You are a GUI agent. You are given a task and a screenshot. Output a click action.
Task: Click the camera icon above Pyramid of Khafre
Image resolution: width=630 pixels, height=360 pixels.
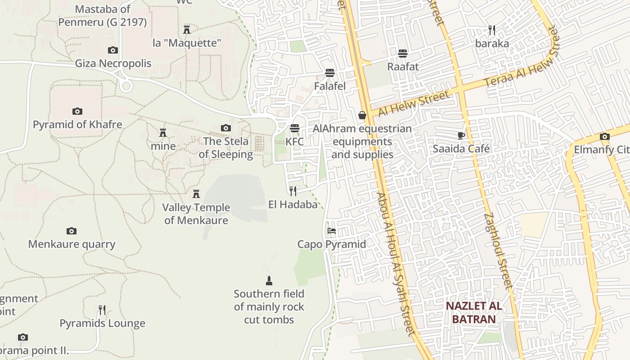77,111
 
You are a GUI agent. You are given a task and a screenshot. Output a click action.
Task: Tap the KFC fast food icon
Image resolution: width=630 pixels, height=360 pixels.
295,128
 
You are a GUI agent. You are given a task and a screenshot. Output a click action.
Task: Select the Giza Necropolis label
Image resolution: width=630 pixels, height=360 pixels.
113,63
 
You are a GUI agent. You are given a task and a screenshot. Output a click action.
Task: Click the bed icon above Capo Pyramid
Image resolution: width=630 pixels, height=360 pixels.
332,231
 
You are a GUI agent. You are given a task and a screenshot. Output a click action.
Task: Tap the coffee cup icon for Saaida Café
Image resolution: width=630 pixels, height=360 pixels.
461,135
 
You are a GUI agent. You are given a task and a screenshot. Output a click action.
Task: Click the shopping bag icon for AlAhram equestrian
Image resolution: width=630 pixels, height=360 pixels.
362,116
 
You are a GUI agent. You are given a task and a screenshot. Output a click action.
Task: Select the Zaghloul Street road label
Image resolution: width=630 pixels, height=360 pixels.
499,250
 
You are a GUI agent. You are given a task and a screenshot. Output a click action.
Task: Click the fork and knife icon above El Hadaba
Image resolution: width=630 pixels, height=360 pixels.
293,191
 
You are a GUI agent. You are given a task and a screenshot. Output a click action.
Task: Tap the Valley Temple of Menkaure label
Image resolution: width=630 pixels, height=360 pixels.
196,214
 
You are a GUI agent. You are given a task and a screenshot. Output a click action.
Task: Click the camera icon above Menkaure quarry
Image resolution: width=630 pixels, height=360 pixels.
72,231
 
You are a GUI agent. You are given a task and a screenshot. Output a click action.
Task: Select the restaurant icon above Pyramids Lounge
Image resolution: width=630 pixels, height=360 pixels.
102,310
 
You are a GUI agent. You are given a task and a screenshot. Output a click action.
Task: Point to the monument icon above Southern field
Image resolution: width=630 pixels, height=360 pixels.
269,281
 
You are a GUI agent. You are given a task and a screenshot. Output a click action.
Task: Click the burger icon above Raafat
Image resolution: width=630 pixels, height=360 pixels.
403,54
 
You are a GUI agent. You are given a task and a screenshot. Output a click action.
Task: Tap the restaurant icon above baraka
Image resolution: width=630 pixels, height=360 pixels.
492,30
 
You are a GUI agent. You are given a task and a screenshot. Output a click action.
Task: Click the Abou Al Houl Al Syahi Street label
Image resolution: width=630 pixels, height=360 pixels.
395,265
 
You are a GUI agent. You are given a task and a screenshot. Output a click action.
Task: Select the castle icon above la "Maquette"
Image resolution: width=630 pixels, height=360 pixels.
187,30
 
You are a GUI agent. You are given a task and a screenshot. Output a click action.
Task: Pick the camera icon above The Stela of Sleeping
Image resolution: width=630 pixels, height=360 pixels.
226,128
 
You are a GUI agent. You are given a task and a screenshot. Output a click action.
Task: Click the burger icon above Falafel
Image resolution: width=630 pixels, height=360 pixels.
330,73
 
